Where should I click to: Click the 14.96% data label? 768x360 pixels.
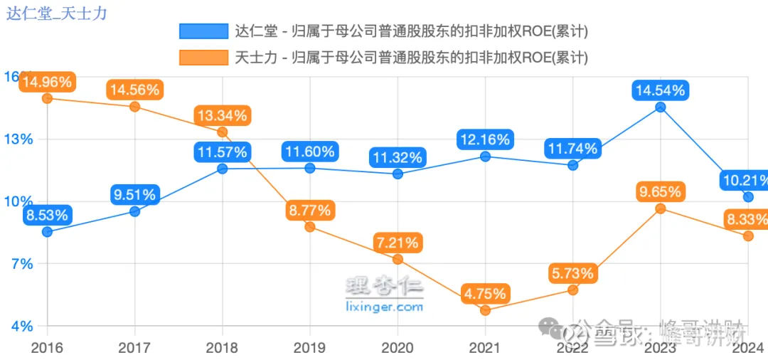pos(47,82)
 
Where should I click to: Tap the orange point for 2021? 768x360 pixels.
pos(485,310)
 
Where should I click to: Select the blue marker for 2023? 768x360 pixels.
pos(660,107)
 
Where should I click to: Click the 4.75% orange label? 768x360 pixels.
pos(485,293)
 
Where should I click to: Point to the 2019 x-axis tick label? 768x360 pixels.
pos(309,348)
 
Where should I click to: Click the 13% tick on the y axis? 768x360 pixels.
pos(18,139)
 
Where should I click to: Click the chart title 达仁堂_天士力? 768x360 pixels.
pos(56,13)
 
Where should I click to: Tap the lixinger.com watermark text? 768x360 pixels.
pos(384,307)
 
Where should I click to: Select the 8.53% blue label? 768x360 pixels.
pos(47,215)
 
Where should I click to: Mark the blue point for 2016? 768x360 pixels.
pos(47,232)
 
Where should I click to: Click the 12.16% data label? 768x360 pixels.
pos(485,139)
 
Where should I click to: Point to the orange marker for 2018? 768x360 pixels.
pos(222,132)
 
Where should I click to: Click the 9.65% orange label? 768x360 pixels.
pos(660,191)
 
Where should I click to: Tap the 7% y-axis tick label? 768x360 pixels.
pos(20,264)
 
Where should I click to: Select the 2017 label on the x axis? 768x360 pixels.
pos(134,348)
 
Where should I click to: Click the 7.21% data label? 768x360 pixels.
pos(397,242)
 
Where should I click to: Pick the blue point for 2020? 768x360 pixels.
pos(398,174)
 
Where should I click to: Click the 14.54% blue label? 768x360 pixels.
pos(660,90)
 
